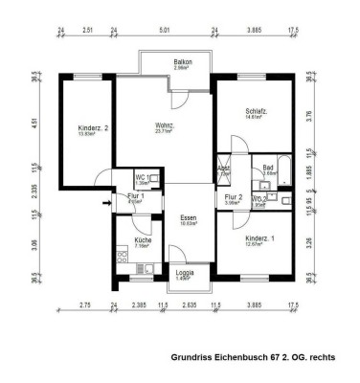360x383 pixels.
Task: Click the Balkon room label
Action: coord(183,62)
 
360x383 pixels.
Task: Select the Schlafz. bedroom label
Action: coord(255,111)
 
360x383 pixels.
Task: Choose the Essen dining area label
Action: coord(188,219)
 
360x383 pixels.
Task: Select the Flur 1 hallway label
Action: coord(134,196)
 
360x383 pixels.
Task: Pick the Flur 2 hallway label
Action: coord(234,197)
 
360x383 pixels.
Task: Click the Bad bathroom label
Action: coord(269,168)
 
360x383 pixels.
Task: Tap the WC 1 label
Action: coord(141,177)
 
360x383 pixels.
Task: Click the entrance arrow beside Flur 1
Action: coord(102,173)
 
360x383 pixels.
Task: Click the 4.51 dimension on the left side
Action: coord(34,122)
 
